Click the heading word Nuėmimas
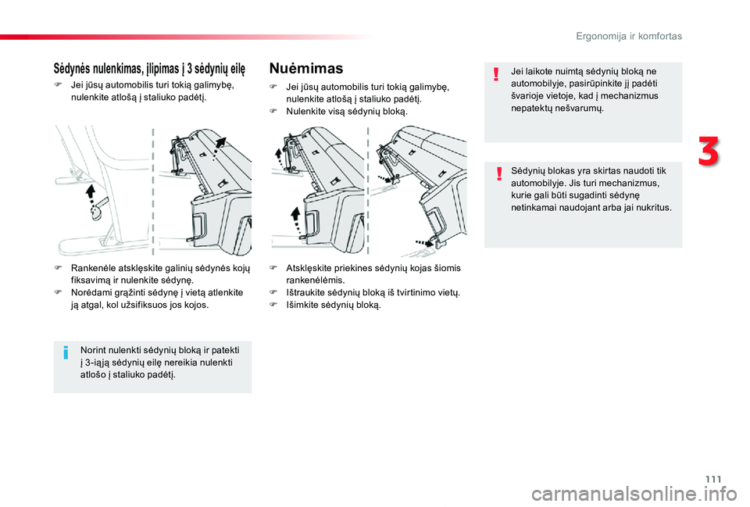pyautogui.click(x=305, y=69)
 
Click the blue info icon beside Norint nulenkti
pyautogui.click(x=67, y=355)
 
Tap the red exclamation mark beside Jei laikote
pyautogui.click(x=496, y=75)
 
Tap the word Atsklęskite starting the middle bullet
pyautogui.click(x=311, y=267)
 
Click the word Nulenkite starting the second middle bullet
pyautogui.click(x=306, y=112)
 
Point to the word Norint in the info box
pyautogui.click(x=93, y=348)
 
